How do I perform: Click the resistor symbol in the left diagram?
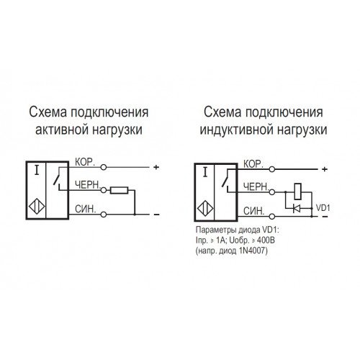point(120,190)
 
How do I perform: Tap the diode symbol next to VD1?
point(297,208)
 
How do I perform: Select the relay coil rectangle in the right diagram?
point(298,192)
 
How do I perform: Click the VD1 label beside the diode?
point(323,208)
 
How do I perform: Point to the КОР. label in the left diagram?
point(85,162)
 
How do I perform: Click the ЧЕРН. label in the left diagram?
point(87,185)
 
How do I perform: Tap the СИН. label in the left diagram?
point(86,209)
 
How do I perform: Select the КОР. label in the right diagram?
point(253,164)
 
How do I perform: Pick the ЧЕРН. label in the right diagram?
point(256,186)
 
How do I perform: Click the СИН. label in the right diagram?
point(254,211)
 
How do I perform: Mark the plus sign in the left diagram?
point(156,167)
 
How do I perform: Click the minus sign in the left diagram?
point(156,215)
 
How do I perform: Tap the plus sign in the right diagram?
point(325,169)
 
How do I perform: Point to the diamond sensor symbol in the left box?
point(37,207)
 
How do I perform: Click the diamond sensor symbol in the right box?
point(205,209)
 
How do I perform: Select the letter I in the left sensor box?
point(37,171)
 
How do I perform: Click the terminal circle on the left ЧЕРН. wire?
point(104,190)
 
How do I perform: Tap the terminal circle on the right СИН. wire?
point(271,217)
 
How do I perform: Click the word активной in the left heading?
point(62,130)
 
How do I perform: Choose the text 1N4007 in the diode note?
point(252,251)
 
